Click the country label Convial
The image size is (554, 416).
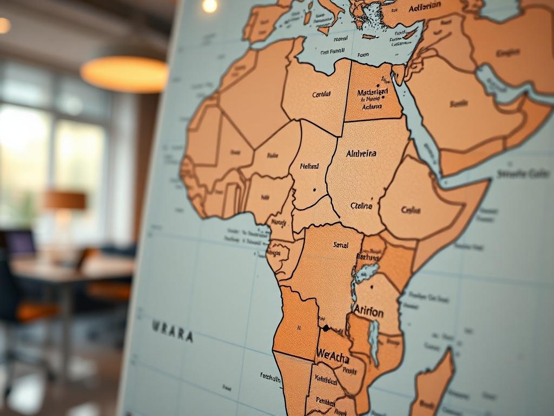coord(321,94)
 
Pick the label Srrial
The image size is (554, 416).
coord(341,245)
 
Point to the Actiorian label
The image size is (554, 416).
coord(425,7)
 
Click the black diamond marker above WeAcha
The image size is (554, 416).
coord(326,328)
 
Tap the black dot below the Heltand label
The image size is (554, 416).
coord(314,190)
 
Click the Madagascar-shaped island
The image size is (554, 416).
coord(433,385)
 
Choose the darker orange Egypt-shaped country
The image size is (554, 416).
coord(373,93)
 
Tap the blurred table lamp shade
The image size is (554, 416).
coord(65,200)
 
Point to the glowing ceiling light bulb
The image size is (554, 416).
coord(209,5)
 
